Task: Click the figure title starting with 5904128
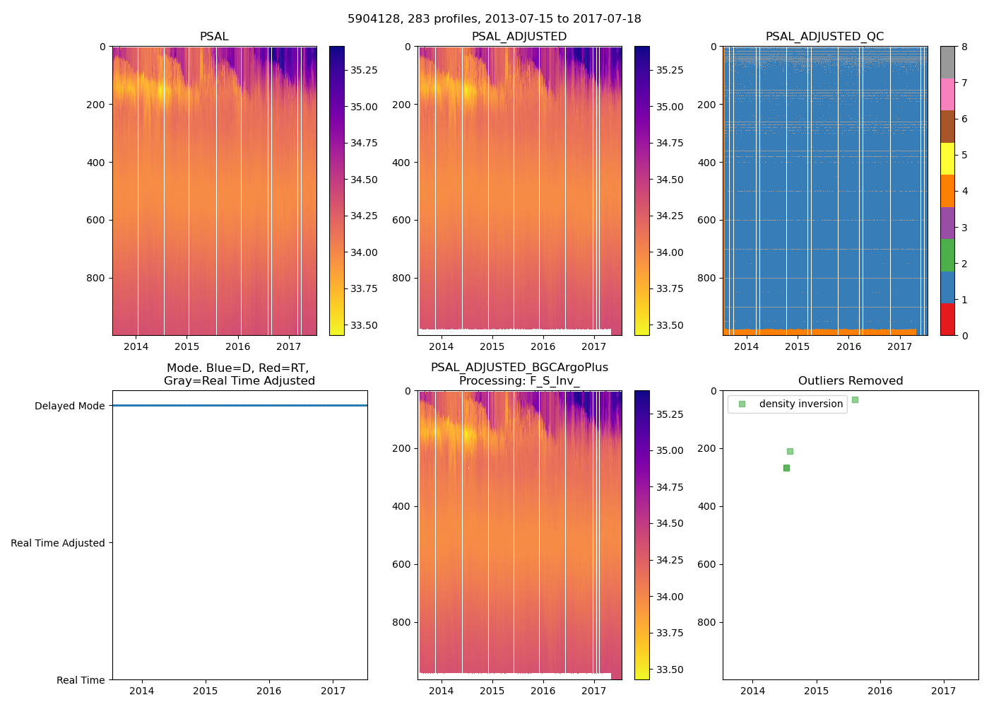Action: [494, 19]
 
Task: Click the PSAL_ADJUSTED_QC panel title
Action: [824, 37]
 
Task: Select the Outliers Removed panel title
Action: [851, 381]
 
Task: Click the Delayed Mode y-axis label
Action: [69, 406]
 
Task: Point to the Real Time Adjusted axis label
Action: [57, 543]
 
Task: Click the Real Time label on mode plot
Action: [81, 680]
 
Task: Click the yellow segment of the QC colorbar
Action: [947, 158]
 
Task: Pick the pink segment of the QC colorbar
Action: [947, 94]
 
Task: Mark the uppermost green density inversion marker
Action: [855, 399]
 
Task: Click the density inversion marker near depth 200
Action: [790, 451]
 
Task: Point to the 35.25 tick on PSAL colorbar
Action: [364, 70]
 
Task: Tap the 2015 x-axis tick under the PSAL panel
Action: [187, 346]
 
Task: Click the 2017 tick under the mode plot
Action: [333, 691]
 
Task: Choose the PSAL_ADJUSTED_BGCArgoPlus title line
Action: [519, 368]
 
